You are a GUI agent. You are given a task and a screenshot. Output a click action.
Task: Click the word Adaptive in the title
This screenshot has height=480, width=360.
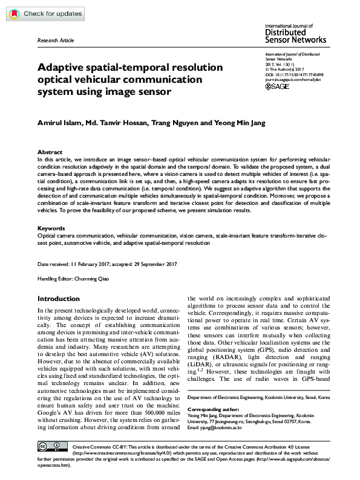click(61, 68)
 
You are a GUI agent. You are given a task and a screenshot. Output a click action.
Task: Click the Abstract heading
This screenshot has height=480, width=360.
click(50, 152)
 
